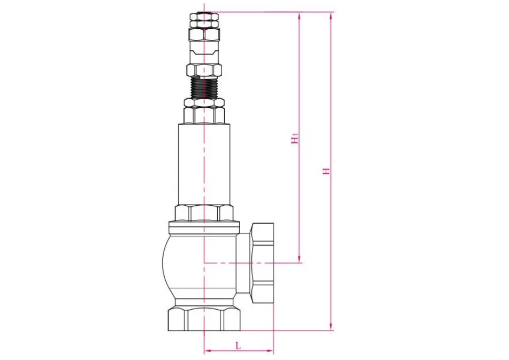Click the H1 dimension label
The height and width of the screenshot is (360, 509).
click(295, 139)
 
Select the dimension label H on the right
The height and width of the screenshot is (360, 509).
click(327, 171)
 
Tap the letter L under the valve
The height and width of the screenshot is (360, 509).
click(238, 344)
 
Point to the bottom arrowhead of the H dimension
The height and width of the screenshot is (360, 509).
click(331, 326)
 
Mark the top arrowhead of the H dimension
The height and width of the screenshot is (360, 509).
click(331, 15)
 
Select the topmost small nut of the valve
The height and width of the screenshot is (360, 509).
click(204, 18)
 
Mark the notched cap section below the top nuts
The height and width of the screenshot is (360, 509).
click(204, 53)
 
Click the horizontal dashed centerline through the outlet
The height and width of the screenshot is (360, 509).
click(249, 263)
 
